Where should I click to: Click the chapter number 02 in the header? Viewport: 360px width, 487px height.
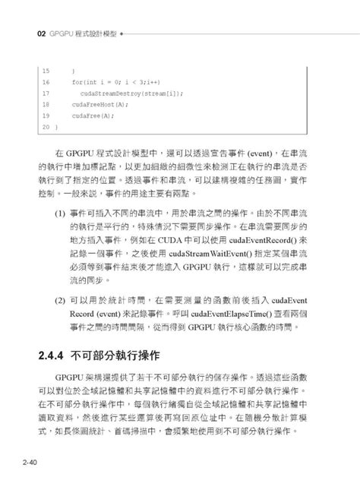[x=30, y=34]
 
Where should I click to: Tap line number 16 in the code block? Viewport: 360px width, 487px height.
[x=46, y=81]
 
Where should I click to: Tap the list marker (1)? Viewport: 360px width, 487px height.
[x=60, y=215]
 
